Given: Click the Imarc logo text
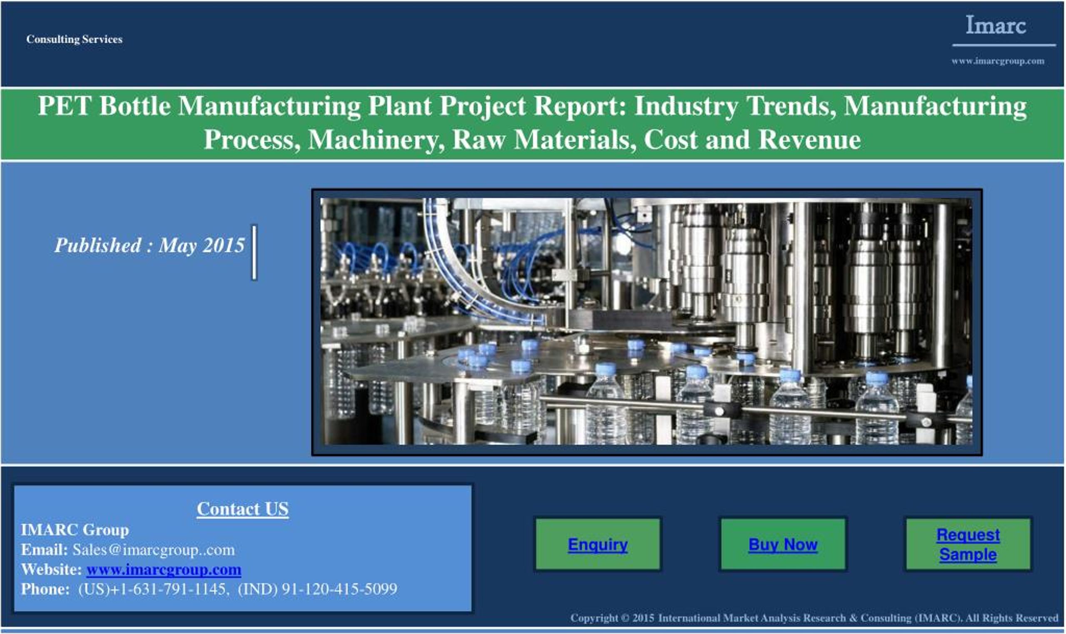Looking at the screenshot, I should (x=995, y=25).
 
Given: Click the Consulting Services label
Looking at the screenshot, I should (x=75, y=39).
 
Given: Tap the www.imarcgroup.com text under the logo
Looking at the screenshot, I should (x=998, y=61).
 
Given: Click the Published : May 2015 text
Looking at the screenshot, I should (x=149, y=245).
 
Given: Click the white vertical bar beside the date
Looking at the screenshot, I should (x=254, y=253).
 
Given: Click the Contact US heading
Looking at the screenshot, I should (x=242, y=509).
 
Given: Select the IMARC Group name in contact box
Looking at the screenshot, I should (x=75, y=530).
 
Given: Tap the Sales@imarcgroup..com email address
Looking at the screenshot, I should (x=153, y=550).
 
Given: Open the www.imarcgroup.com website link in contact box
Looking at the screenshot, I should (x=164, y=569).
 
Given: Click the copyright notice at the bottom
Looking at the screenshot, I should (x=814, y=618).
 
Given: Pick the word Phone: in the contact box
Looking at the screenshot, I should (x=45, y=589).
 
